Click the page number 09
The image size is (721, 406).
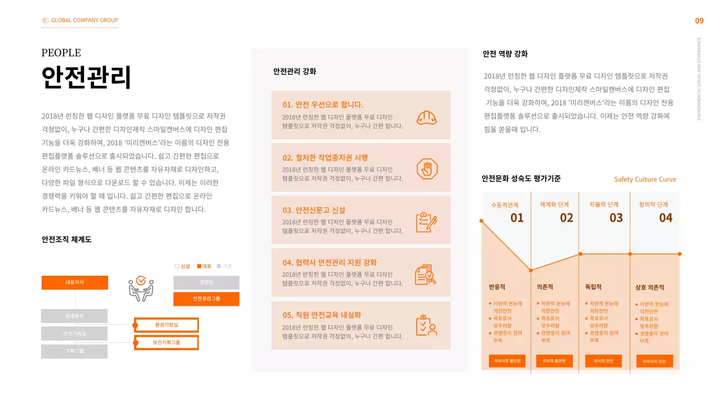coord(699,21)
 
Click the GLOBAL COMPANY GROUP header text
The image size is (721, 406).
coord(84,20)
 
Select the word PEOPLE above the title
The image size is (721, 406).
coord(61,53)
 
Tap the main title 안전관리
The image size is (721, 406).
coord(86,77)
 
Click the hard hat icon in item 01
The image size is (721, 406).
coord(426,117)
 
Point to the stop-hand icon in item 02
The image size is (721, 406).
coord(426,169)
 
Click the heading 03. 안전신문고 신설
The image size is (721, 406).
coord(314,210)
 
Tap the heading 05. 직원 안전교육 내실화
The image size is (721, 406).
coord(322,315)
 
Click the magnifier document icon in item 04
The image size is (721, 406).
coord(425,274)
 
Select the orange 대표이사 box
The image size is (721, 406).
coord(75,283)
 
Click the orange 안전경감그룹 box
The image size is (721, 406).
coord(206,299)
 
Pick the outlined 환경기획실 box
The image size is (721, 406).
coord(166,325)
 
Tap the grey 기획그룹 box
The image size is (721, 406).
coord(74,351)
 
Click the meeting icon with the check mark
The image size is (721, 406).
coord(141,288)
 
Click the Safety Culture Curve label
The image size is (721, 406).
coord(645,179)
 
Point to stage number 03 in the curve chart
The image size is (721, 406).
coord(616,218)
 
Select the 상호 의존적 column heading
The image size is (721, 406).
coord(649,288)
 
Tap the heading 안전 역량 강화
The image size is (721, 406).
coord(505,54)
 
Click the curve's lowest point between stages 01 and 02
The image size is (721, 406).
coord(531,270)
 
